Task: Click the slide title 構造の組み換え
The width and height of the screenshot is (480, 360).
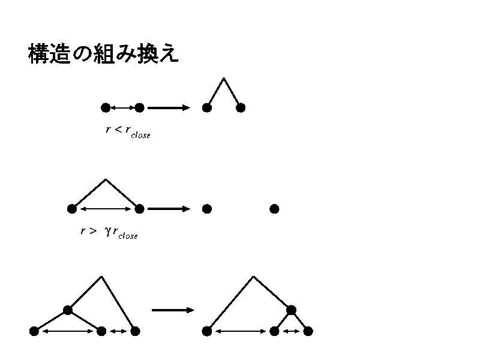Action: pyautogui.click(x=103, y=55)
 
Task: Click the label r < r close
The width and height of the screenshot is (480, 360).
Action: pyautogui.click(x=128, y=131)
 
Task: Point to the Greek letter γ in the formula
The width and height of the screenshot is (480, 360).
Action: pyautogui.click(x=107, y=232)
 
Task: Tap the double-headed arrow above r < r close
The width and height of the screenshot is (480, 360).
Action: pyautogui.click(x=122, y=108)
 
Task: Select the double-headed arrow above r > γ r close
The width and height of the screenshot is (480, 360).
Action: pyautogui.click(x=106, y=209)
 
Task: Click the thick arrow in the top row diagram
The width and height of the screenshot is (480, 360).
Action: pyautogui.click(x=169, y=108)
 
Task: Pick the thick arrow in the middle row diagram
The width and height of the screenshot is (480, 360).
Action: pyautogui.click(x=169, y=209)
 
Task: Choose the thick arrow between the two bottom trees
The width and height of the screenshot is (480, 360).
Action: pyautogui.click(x=173, y=310)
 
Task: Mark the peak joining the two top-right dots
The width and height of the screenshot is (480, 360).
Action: pyautogui.click(x=224, y=78)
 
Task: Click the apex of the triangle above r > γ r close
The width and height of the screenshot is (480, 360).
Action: pyautogui.click(x=106, y=179)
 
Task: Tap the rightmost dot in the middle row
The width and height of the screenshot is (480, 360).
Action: pyautogui.click(x=274, y=209)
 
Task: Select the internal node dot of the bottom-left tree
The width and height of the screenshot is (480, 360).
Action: pyautogui.click(x=68, y=310)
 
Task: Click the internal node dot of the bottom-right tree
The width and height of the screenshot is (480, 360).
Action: pyautogui.click(x=291, y=310)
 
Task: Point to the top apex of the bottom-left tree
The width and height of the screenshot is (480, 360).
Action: pyautogui.click(x=101, y=277)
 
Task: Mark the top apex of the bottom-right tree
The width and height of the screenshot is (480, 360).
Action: pyautogui.click(x=254, y=277)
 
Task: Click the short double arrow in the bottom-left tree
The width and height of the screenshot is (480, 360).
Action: pyautogui.click(x=118, y=331)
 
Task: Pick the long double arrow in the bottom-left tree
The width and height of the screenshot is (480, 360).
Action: pyautogui.click(x=68, y=331)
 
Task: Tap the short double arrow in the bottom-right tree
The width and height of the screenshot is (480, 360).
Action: pyautogui.click(x=291, y=331)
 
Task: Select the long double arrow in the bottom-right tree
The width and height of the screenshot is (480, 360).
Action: pyautogui.click(x=241, y=331)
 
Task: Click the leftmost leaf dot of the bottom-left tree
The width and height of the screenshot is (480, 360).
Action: pyautogui.click(x=34, y=331)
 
